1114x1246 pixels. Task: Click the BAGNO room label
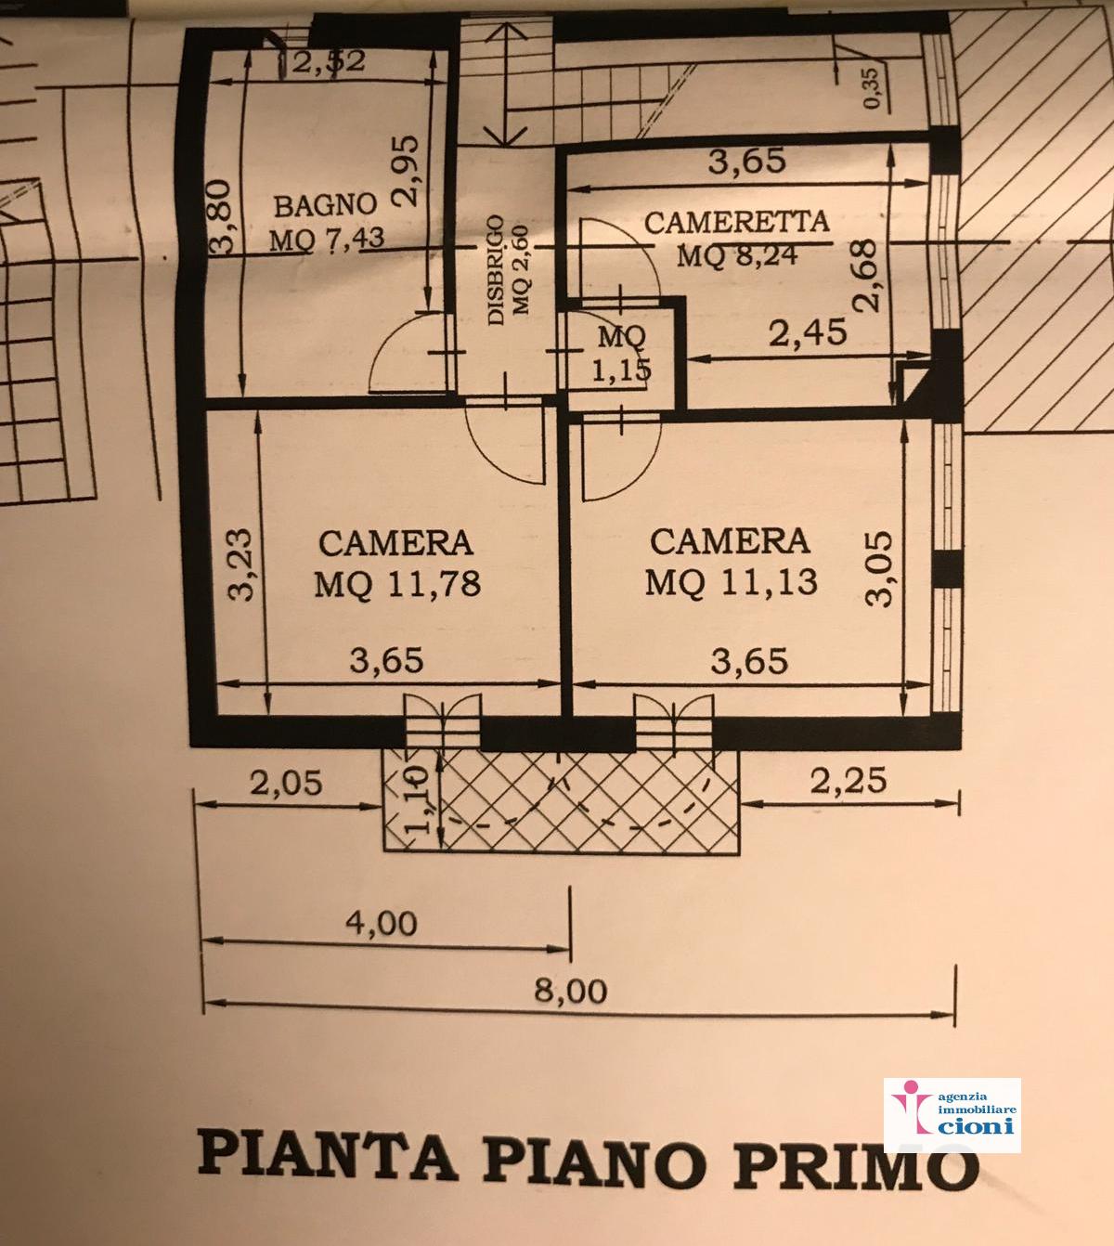tap(325, 205)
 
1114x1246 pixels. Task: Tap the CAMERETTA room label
tap(736, 222)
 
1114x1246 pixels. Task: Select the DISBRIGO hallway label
tap(495, 269)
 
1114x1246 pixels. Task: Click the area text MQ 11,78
tap(397, 583)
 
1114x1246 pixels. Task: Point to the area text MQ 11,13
tap(732, 581)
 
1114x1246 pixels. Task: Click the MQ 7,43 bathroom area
tap(327, 239)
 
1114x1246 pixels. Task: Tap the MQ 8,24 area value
tap(737, 254)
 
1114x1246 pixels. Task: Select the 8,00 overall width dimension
tap(570, 991)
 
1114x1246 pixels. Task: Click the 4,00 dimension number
tap(382, 923)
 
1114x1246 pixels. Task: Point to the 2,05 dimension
tap(286, 783)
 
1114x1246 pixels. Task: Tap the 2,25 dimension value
tap(848, 781)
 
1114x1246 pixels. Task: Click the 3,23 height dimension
tap(240, 564)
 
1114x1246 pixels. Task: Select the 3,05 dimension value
tap(878, 569)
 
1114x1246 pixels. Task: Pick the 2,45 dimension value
tap(808, 333)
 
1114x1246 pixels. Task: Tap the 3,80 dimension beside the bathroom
tap(219, 216)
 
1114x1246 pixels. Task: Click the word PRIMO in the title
tap(856, 1162)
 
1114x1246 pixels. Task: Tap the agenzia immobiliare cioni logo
tap(952, 1115)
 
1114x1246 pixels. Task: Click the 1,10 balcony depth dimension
tap(419, 799)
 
